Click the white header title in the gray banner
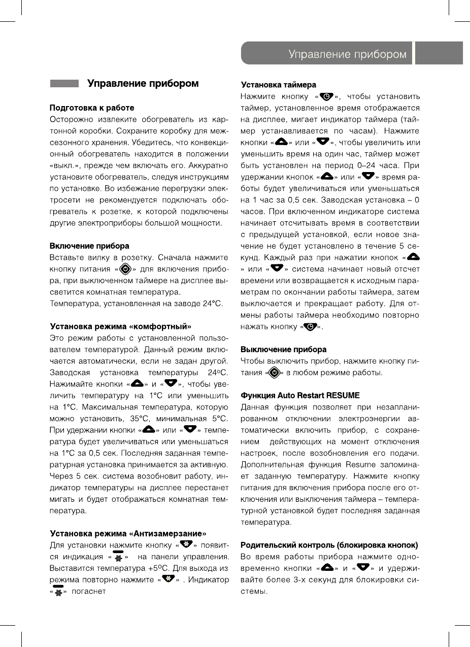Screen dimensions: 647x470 coord(347,54)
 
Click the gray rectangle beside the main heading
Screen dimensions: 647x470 coord(64,83)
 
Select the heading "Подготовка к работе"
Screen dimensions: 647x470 coord(92,108)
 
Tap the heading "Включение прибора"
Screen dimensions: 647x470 coord(89,246)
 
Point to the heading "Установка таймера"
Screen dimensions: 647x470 coord(278,85)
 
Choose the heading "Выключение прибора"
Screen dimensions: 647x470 coord(283,350)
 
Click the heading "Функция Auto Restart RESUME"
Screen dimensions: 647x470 coord(300,395)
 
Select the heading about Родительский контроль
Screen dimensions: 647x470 coord(329,545)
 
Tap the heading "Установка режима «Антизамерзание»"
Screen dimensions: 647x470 coord(128,533)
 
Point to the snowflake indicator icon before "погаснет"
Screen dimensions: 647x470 coord(58,592)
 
